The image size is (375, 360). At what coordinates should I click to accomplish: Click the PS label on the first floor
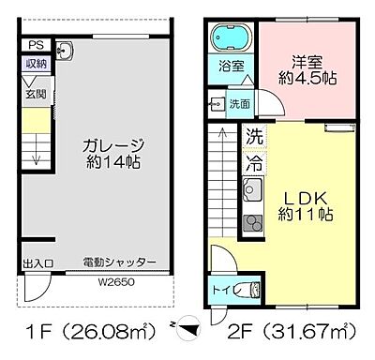(35, 45)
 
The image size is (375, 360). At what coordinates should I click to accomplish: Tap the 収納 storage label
(35, 64)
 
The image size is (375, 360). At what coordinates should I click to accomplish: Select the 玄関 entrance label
(34, 92)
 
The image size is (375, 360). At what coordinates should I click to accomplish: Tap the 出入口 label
(37, 264)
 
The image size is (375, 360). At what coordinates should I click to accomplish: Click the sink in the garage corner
(64, 49)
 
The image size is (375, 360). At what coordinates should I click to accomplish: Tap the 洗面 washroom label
(240, 103)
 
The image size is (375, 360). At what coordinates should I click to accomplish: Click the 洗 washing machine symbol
(253, 137)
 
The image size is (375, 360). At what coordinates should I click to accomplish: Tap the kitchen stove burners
(253, 223)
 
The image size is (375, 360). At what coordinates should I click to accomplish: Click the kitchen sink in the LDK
(252, 192)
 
